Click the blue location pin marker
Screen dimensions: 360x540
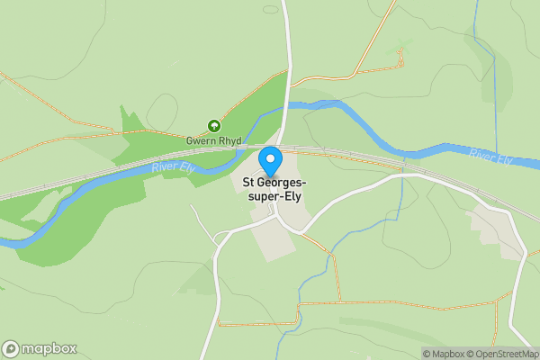(270, 161)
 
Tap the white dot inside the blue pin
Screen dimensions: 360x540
(270, 158)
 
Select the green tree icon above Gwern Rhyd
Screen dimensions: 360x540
(214, 127)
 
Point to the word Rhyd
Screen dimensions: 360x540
(229, 141)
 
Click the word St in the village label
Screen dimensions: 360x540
(249, 184)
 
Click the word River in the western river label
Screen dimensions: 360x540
(163, 168)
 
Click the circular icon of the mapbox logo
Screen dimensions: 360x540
(11, 349)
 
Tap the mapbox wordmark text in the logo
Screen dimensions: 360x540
(49, 349)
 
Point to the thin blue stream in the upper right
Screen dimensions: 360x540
(494, 72)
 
